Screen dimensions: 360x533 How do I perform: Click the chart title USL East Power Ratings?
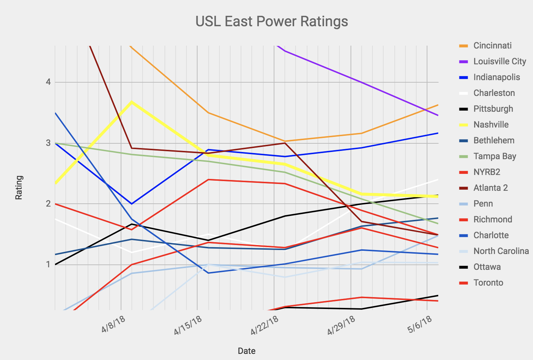[x=272, y=21]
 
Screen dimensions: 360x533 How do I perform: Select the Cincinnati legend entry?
[x=492, y=46]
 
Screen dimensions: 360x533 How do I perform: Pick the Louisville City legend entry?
[x=500, y=61]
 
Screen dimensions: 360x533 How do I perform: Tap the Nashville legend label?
[x=491, y=125]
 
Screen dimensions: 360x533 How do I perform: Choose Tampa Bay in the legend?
[x=495, y=156]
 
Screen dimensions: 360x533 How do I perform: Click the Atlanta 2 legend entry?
[x=491, y=188]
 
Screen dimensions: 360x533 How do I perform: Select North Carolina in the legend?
[x=501, y=251]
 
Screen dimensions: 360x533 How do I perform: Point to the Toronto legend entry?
[x=488, y=283]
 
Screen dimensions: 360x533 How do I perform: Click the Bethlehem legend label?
[x=494, y=140]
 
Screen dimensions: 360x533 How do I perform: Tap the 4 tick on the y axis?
[x=48, y=82]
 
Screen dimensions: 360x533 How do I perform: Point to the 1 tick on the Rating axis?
[x=48, y=265]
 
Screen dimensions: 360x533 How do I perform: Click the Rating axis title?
[x=19, y=188]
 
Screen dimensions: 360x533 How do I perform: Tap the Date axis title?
[x=247, y=351]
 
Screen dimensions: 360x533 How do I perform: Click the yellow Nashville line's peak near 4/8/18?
[x=132, y=102]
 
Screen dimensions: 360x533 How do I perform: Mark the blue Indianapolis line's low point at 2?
[x=132, y=204]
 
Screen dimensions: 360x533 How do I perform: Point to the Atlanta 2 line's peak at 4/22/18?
[x=285, y=143]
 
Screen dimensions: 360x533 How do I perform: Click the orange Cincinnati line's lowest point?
[x=285, y=141]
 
